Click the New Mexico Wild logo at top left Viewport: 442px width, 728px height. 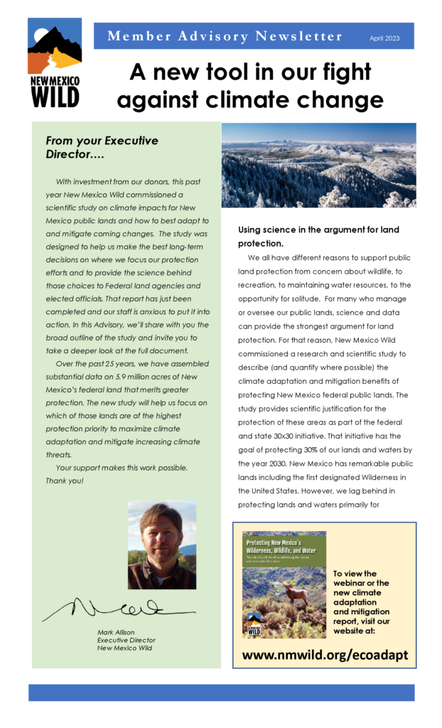click(54, 63)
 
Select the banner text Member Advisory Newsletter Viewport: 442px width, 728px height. click(225, 36)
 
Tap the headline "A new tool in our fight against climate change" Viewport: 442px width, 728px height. click(250, 86)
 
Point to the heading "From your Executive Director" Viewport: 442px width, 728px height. click(102, 147)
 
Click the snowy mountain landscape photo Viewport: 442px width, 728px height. click(318, 165)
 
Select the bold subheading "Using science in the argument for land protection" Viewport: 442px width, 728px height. click(318, 236)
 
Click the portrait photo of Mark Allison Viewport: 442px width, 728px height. click(161, 544)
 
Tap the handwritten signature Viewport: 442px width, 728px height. click(117, 608)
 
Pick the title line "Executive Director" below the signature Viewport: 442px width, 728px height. click(125, 640)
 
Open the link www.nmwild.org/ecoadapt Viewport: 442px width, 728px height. click(325, 655)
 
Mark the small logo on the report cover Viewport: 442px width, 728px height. click(254, 626)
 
